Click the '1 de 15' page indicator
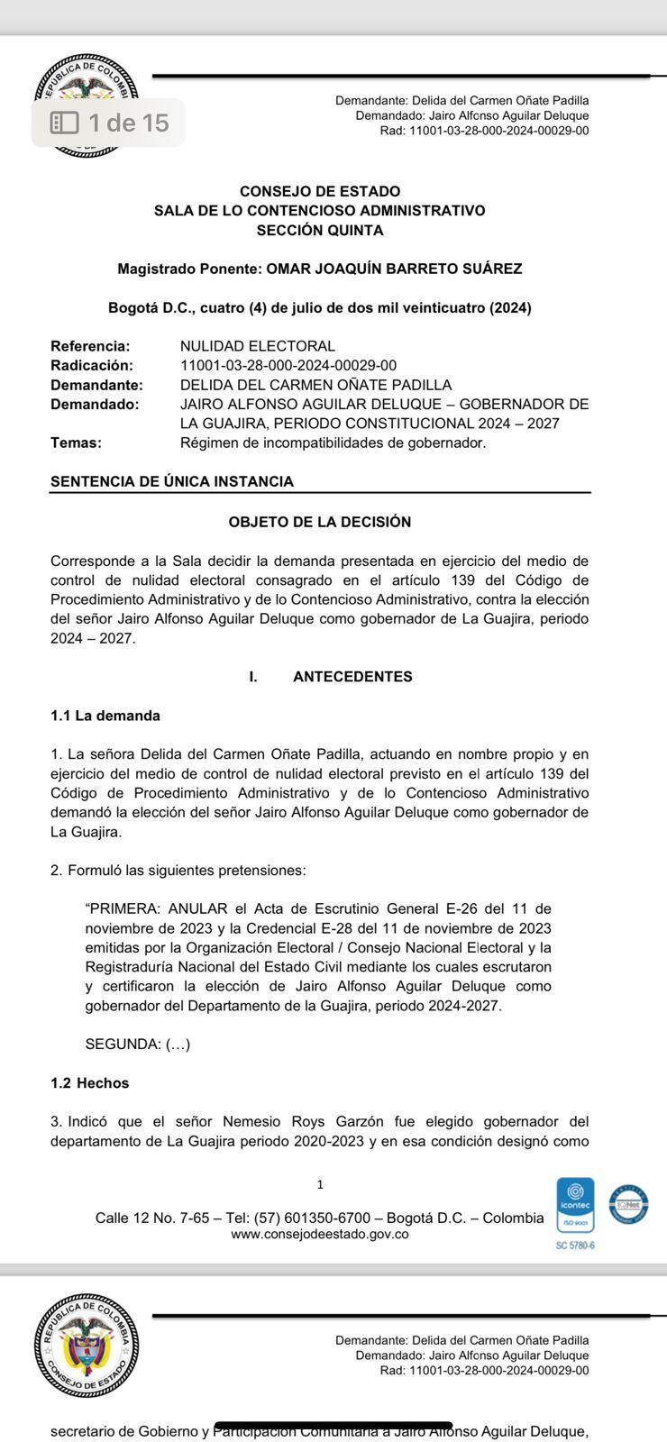tap(109, 123)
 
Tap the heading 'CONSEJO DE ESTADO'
tap(320, 191)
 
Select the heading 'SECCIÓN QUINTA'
tap(320, 230)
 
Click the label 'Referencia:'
tap(90, 346)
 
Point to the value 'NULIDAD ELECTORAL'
tap(258, 346)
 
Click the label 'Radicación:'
tap(92, 365)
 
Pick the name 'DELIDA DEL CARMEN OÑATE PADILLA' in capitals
tap(315, 385)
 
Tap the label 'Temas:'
tap(76, 443)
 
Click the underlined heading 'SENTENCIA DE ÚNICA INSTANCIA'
tap(172, 481)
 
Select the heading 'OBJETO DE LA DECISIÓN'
tap(320, 522)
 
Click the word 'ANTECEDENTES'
tap(352, 677)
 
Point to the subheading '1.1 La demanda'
tap(105, 716)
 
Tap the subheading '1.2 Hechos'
tap(90, 1083)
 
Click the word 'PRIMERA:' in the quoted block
tap(125, 908)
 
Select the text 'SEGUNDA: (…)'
tap(138, 1045)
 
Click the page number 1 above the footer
tap(320, 1184)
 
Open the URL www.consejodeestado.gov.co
tap(320, 1234)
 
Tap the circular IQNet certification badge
tap(628, 1204)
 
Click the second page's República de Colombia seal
tap(87, 1346)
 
